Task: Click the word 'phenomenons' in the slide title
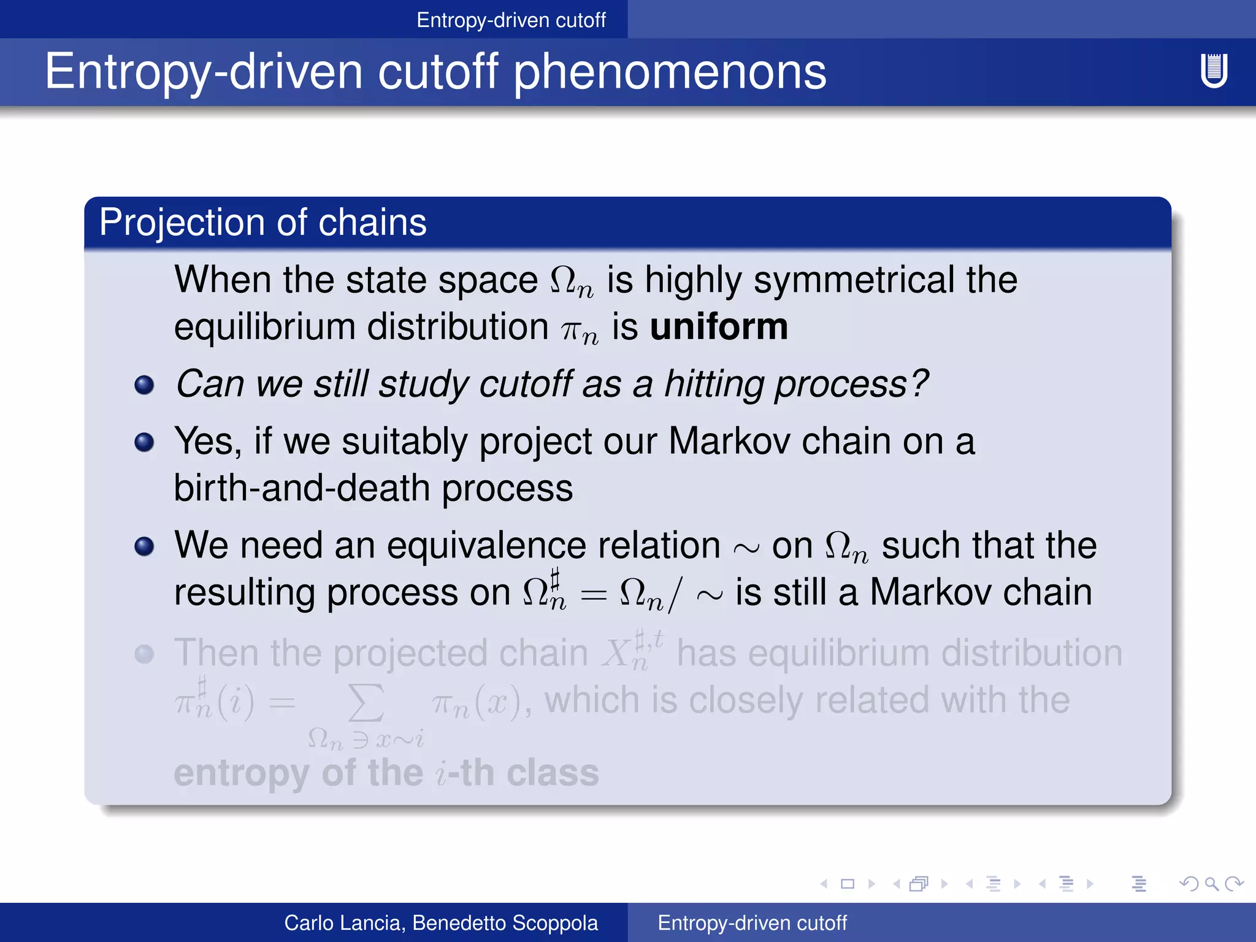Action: click(x=670, y=72)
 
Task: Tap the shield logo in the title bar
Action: click(x=1214, y=71)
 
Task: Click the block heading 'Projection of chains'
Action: click(x=262, y=222)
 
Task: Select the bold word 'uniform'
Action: click(x=719, y=326)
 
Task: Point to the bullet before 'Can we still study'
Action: click(x=144, y=385)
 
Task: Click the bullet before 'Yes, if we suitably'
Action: click(x=144, y=442)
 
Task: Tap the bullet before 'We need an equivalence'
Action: click(x=144, y=546)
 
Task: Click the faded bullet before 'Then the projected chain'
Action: click(x=144, y=654)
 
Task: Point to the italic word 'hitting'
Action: click(x=714, y=384)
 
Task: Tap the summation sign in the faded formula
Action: click(x=366, y=703)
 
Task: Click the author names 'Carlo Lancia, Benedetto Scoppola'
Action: click(x=441, y=922)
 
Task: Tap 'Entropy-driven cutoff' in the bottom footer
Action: click(x=752, y=922)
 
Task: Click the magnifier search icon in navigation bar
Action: click(x=1211, y=884)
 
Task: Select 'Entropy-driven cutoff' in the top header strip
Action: click(x=511, y=20)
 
